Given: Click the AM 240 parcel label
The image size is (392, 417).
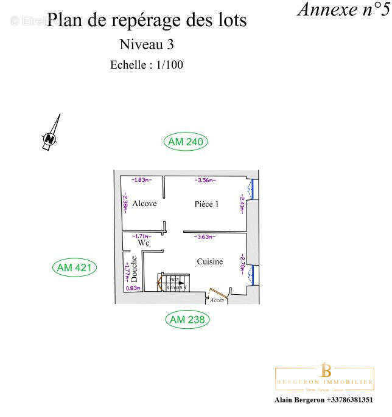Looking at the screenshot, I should pos(186,142).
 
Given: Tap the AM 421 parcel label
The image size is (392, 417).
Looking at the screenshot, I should pos(75,267).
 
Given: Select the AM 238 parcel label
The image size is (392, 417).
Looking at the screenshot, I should pos(187,319).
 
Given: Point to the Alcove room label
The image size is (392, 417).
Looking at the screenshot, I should pos(144,204).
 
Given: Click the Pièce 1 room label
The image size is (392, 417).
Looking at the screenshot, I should pos(206,204).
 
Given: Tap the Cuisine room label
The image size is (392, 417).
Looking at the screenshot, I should pos(209,262).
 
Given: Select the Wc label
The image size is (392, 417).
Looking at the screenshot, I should pos(143,243).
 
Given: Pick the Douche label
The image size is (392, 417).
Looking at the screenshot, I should pos(134,269).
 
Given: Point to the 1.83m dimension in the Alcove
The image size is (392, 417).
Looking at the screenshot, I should pos(142,180).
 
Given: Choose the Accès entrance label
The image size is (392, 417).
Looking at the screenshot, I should pos(217,300).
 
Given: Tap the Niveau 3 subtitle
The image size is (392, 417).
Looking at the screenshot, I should pos(147,44).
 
